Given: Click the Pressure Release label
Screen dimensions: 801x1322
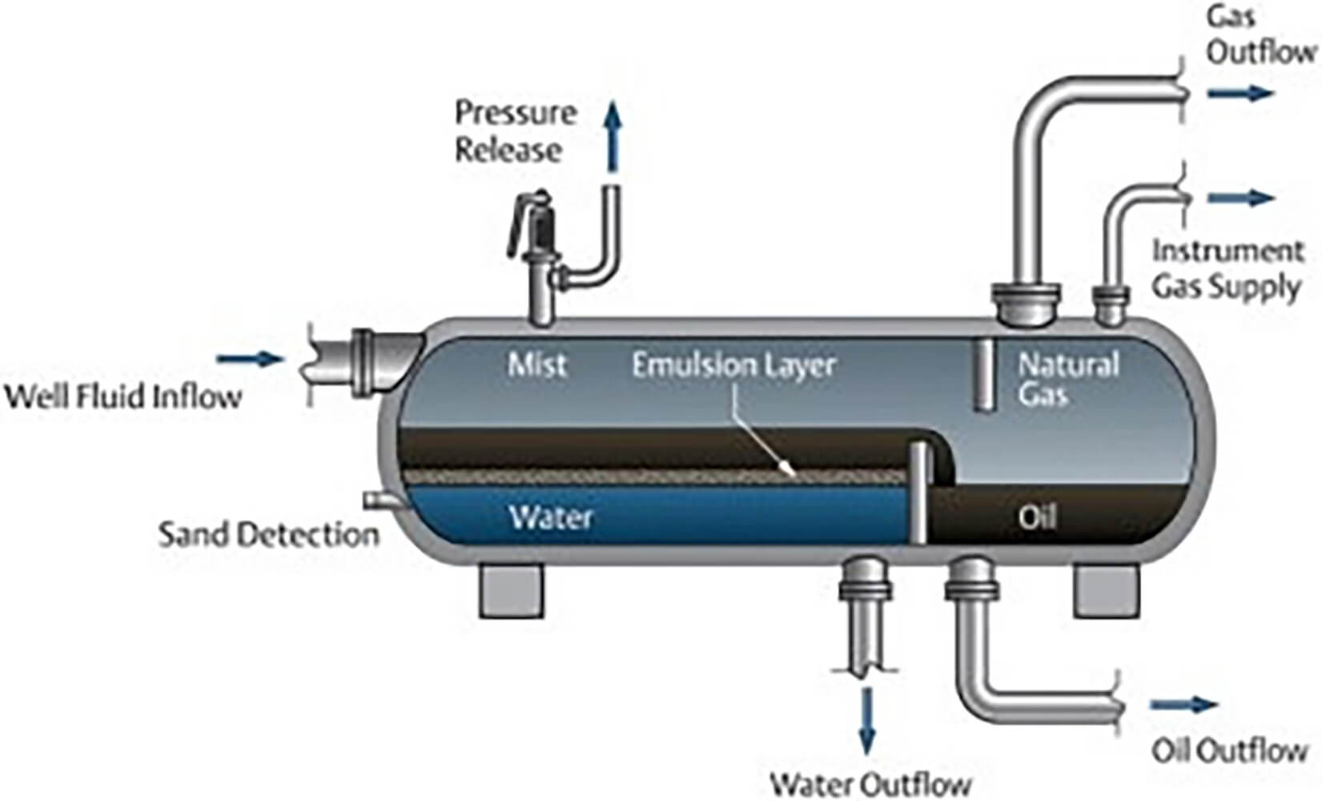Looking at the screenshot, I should coord(515,131).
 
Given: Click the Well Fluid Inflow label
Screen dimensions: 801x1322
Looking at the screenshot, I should coord(123,396).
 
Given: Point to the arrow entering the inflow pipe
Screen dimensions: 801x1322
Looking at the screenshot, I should coord(251,359).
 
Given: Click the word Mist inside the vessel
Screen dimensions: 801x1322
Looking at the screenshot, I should coord(536,364).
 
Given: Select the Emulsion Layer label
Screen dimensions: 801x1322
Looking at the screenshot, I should coord(733,365).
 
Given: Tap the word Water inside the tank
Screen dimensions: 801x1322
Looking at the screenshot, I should coord(551,517).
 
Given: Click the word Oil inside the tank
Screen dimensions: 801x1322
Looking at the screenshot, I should coord(1037,517).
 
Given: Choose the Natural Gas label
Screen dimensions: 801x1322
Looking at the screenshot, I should coord(1067,379).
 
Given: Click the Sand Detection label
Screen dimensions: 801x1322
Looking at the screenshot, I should coord(268,534).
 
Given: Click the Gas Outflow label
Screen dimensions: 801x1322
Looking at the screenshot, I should coord(1260,35).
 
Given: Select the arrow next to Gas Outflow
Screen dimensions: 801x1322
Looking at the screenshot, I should coord(1240,94).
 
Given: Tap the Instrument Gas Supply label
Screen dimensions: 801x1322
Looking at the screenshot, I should coord(1227,268).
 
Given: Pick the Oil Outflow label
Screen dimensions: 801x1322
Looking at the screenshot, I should coord(1229,751).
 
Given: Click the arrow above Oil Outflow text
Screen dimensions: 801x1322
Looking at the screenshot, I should coord(1183,705).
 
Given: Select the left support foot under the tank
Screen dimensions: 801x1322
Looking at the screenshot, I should coord(512,590).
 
